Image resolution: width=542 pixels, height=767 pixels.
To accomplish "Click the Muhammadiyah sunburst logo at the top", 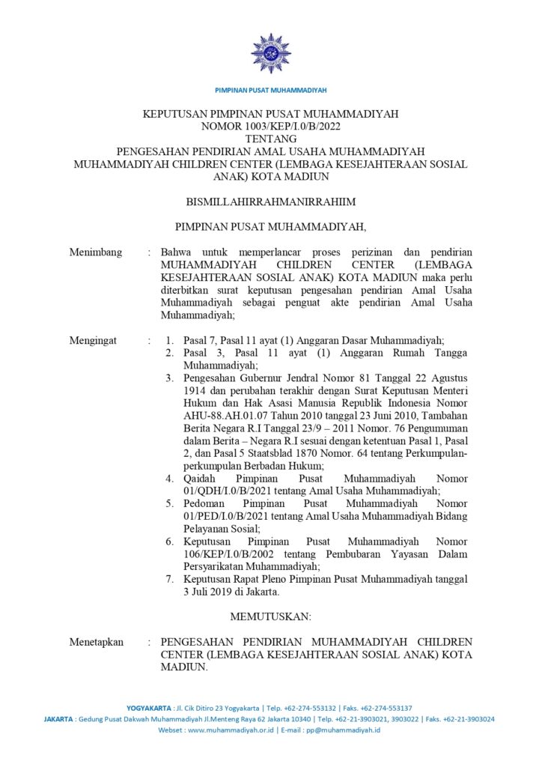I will [271, 52].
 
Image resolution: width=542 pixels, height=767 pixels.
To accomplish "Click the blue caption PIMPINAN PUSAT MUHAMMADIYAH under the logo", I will [271, 90].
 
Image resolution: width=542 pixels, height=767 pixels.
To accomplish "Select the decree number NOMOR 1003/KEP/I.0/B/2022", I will [271, 126].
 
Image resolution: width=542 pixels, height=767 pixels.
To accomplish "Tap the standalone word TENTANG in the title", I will [271, 138].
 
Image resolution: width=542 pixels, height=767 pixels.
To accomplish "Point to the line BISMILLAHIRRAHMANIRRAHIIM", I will [271, 201].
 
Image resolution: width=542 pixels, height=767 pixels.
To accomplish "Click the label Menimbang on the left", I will [96, 252].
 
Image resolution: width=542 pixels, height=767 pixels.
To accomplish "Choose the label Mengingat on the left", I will [94, 340].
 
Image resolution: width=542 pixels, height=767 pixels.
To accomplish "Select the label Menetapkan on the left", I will [97, 642].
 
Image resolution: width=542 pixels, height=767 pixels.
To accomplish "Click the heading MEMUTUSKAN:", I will [271, 616].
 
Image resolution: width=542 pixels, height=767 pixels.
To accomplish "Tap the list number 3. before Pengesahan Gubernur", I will [171, 378].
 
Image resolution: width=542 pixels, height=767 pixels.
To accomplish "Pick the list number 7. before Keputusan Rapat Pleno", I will [171, 579].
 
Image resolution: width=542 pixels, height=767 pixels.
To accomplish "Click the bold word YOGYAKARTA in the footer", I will [150, 708].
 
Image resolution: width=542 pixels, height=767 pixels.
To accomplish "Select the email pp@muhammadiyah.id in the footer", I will [342, 730].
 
